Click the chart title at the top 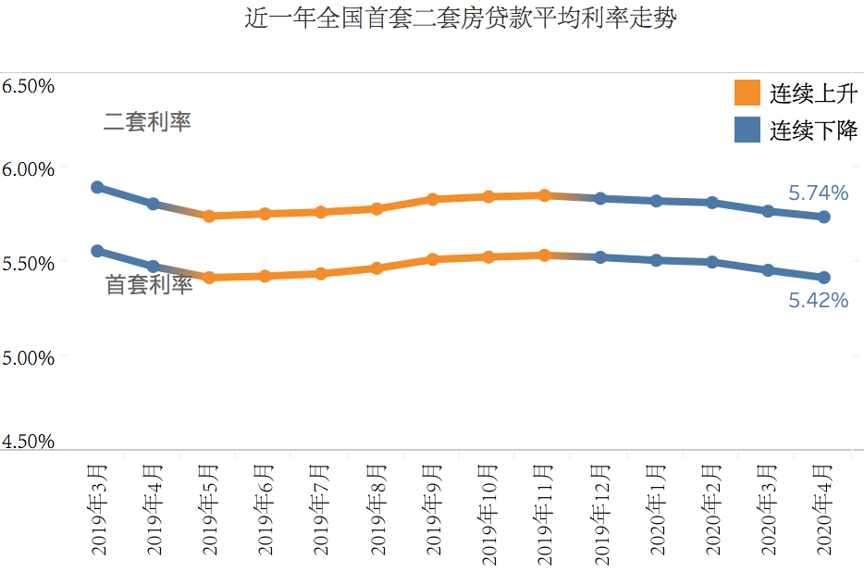pos(460,19)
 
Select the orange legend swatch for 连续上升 pos(747,93)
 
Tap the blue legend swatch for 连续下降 pos(747,130)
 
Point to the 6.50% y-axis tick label pos(29,86)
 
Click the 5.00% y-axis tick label pos(29,357)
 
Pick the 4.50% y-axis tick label pos(29,442)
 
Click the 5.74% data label pos(818,193)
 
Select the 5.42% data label pos(818,300)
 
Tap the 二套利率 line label pos(147,121)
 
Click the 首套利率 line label pos(149,285)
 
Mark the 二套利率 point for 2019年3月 pos(97,187)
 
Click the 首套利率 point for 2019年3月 pos(97,251)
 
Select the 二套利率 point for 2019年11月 pos(545,195)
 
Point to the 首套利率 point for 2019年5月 pos(209,277)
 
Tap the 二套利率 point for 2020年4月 pos(823,217)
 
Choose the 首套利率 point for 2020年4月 pos(823,277)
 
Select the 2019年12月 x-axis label pos(601,504)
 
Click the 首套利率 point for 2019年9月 pos(433,259)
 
